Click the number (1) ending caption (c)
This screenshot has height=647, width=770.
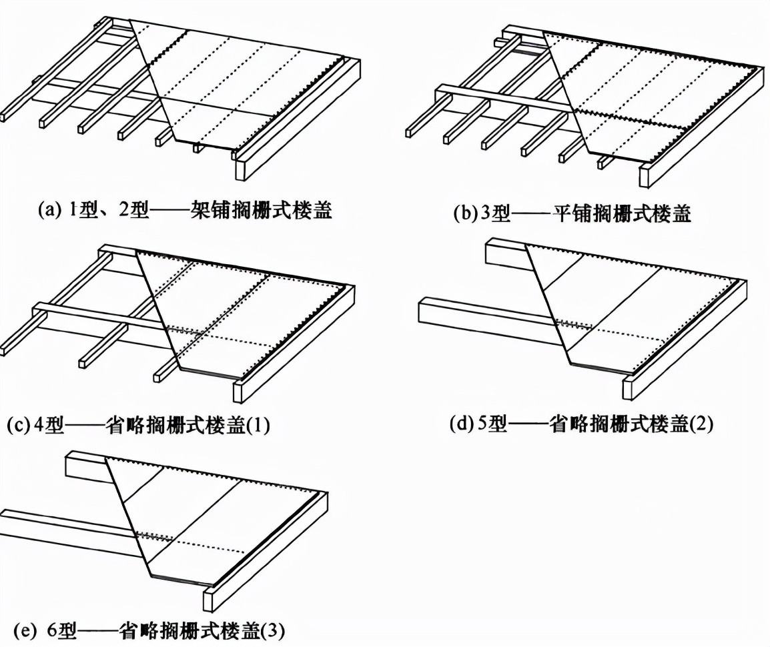tap(259, 425)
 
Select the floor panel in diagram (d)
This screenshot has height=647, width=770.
tap(634, 307)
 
